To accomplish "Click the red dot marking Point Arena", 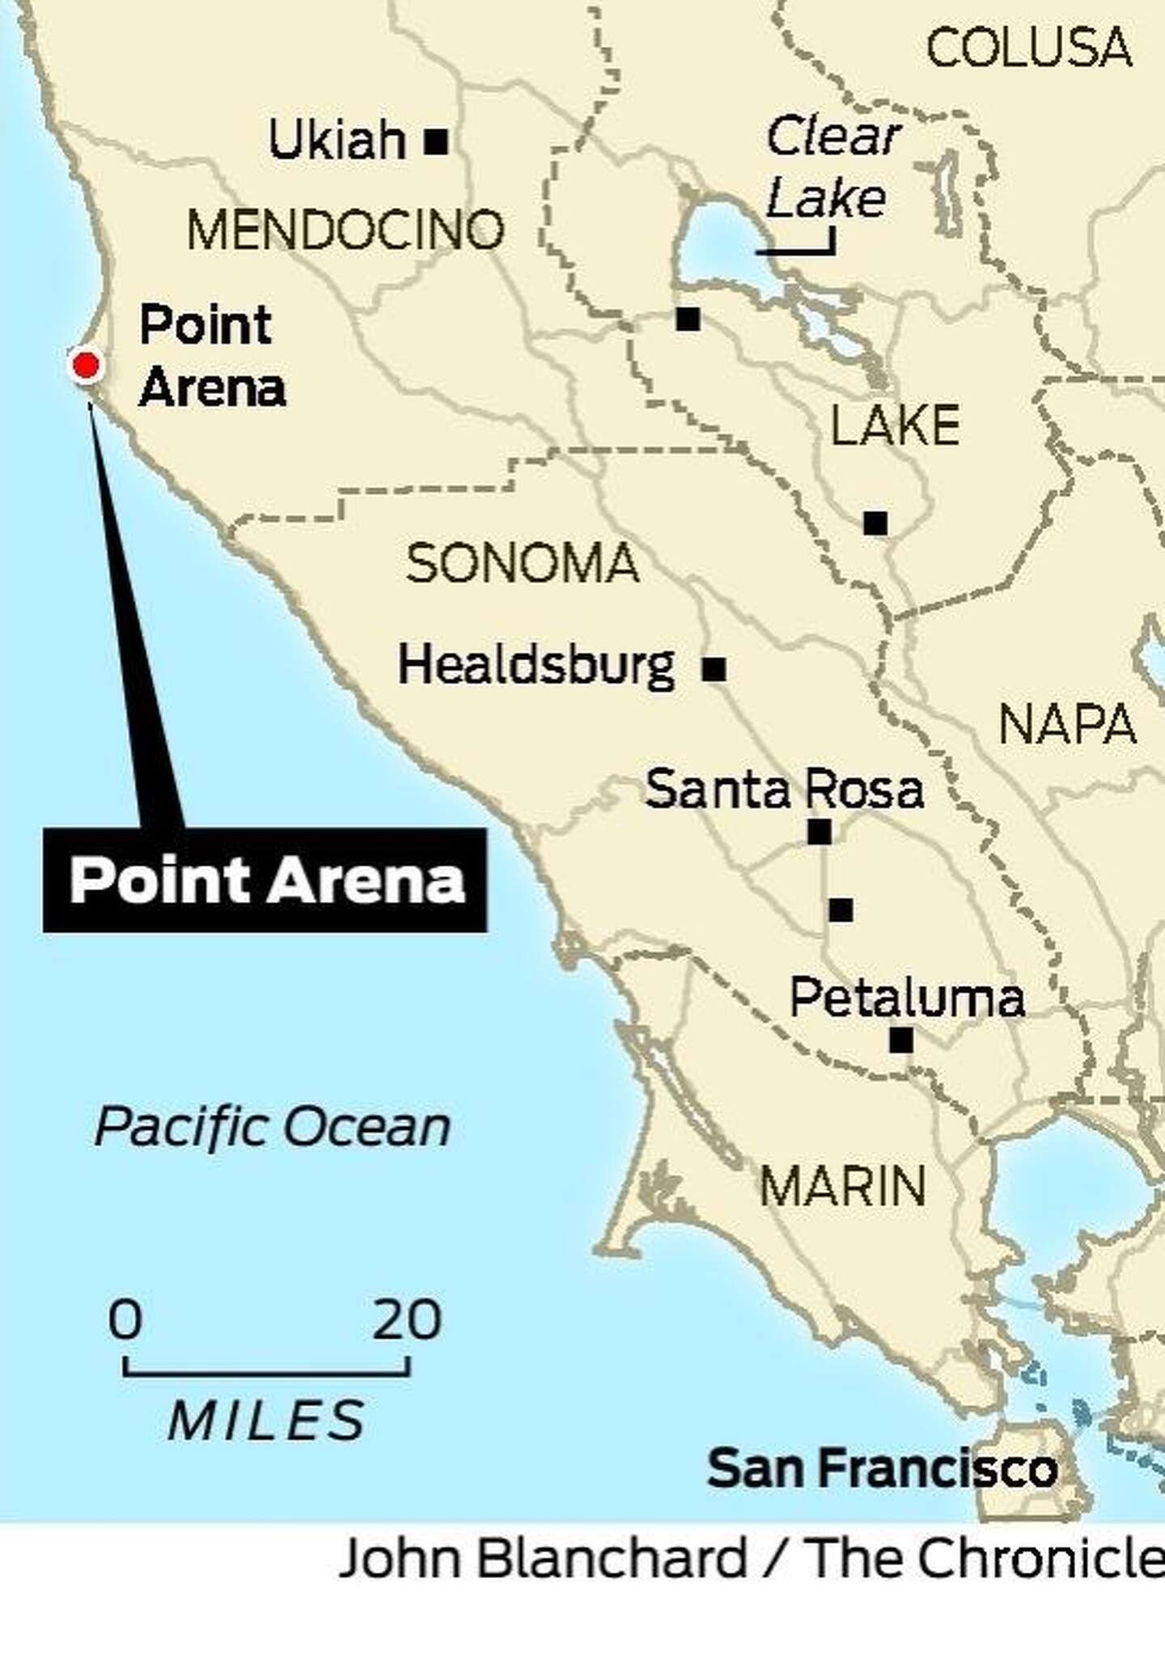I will click(x=86, y=366).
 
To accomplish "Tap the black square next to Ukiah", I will click(x=436, y=142).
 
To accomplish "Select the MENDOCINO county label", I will click(x=345, y=230).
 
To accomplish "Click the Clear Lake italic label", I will click(x=831, y=167).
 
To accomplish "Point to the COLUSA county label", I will click(x=1028, y=47).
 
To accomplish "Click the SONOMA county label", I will click(x=522, y=563).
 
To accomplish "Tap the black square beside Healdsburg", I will click(x=714, y=669).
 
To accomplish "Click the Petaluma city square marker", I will click(x=901, y=1039).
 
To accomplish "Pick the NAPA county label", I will click(x=1067, y=724).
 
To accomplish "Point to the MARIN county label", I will click(x=842, y=1187).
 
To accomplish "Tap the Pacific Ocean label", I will click(x=273, y=1127).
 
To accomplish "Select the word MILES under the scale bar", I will click(x=267, y=1420).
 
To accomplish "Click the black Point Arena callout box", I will click(x=265, y=880).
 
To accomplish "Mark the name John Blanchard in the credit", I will click(x=542, y=1557).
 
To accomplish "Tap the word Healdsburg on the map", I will click(x=536, y=666).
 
